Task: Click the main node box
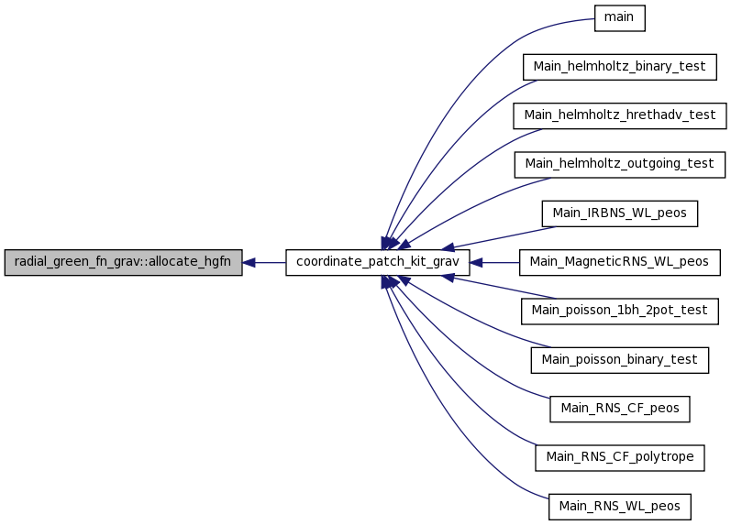coord(620,18)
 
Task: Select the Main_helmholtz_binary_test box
coord(620,67)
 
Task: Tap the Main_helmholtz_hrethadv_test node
coord(620,116)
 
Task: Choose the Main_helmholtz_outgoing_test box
coord(620,164)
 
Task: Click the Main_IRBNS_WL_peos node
coord(620,213)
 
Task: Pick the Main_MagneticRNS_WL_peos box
coord(620,262)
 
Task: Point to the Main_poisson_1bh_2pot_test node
coord(620,312)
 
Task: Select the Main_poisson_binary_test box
coord(620,360)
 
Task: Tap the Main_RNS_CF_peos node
coord(620,409)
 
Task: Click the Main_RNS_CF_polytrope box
coord(620,458)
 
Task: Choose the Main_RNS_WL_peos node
coord(620,507)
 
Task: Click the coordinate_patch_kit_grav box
coord(378,262)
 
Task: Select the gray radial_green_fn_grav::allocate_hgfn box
coord(123,262)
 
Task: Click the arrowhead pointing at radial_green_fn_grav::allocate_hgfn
coord(249,263)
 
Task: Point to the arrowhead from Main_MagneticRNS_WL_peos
coord(476,263)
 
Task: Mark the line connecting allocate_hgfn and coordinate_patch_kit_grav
coord(264,263)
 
